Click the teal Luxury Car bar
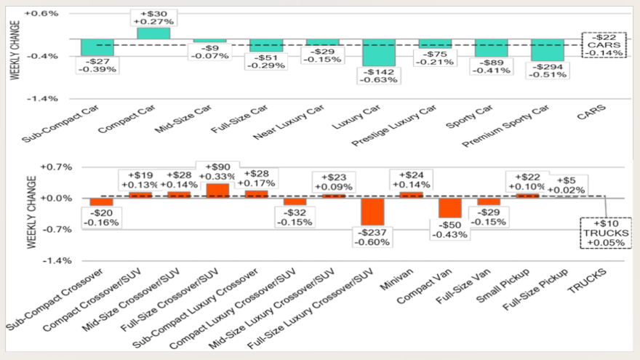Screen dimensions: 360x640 point(379,52)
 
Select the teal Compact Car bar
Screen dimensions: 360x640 point(153,33)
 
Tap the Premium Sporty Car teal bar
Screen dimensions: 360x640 point(548,50)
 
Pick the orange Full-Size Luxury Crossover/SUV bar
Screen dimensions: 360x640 point(372,211)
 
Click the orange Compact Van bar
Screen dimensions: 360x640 point(450,208)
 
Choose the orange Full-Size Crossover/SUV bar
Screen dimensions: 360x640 point(217,191)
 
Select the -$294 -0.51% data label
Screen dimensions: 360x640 point(548,71)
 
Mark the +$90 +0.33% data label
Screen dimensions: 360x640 point(217,172)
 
